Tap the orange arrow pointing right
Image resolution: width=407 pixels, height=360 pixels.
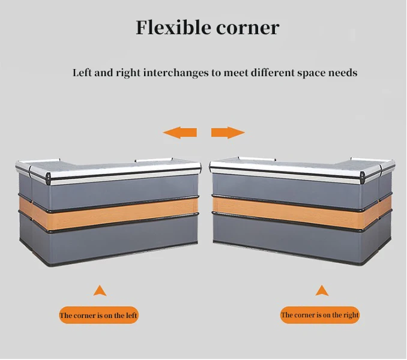tap(228, 133)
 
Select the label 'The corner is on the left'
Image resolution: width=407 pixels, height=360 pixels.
tap(98, 315)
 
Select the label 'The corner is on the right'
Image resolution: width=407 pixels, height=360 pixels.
tap(320, 314)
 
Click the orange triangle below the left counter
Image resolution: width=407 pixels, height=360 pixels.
tap(100, 292)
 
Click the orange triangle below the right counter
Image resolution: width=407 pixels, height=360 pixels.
tap(322, 291)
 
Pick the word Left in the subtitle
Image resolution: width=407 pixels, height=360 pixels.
tap(82, 73)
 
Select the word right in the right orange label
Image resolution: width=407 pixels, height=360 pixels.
tap(350, 314)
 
